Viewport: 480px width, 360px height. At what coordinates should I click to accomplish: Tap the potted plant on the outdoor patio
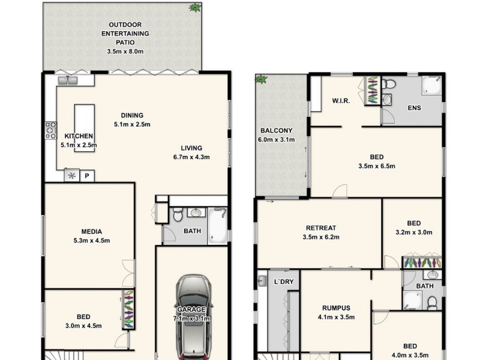pyautogui.click(x=195, y=8)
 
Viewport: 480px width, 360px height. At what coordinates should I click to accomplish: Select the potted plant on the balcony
pyautogui.click(x=261, y=79)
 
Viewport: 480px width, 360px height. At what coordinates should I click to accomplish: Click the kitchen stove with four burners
pyautogui.click(x=50, y=130)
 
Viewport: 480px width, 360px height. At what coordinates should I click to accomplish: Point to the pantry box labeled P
pyautogui.click(x=87, y=176)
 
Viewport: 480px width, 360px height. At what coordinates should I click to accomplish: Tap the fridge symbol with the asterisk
pyautogui.click(x=72, y=176)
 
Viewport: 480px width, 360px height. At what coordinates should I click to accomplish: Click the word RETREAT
pyautogui.click(x=321, y=228)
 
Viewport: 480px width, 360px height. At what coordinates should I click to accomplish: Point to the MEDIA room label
pyautogui.click(x=92, y=232)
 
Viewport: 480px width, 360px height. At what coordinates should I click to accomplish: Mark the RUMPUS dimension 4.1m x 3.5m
pyautogui.click(x=336, y=317)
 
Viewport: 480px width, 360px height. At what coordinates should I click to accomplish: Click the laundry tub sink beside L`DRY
pyautogui.click(x=262, y=280)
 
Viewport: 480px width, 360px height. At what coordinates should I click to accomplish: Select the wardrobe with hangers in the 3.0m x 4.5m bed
pyautogui.click(x=128, y=309)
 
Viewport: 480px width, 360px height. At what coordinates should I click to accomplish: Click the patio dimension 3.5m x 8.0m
pyautogui.click(x=125, y=52)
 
